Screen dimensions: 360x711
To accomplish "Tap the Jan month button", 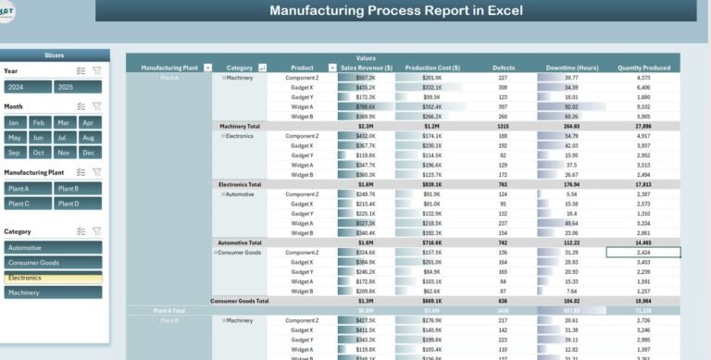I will click(x=13, y=122).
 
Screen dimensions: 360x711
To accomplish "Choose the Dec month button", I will click(x=88, y=153).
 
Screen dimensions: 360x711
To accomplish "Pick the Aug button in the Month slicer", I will click(x=88, y=138).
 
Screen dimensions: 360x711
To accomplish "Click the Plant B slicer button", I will click(x=78, y=189).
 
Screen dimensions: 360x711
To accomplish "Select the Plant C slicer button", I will click(x=27, y=204).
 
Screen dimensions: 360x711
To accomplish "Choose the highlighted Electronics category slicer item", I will click(x=53, y=278).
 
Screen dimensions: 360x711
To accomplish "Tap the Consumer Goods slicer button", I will click(x=53, y=263).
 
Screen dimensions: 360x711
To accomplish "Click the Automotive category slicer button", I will click(x=53, y=248).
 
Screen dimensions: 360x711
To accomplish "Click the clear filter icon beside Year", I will click(x=97, y=70).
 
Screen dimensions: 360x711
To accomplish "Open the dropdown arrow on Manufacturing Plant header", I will click(x=207, y=68).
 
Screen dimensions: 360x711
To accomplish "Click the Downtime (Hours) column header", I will click(x=571, y=68).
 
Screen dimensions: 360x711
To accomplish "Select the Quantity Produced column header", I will click(x=643, y=68).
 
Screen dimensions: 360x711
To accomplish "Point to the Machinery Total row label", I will click(x=240, y=126).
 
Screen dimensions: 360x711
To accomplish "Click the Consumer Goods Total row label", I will click(x=240, y=301).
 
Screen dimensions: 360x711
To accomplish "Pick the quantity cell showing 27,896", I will click(x=643, y=126).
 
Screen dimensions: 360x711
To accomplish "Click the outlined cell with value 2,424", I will click(x=643, y=252).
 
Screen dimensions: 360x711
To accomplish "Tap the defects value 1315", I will click(x=503, y=126).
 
